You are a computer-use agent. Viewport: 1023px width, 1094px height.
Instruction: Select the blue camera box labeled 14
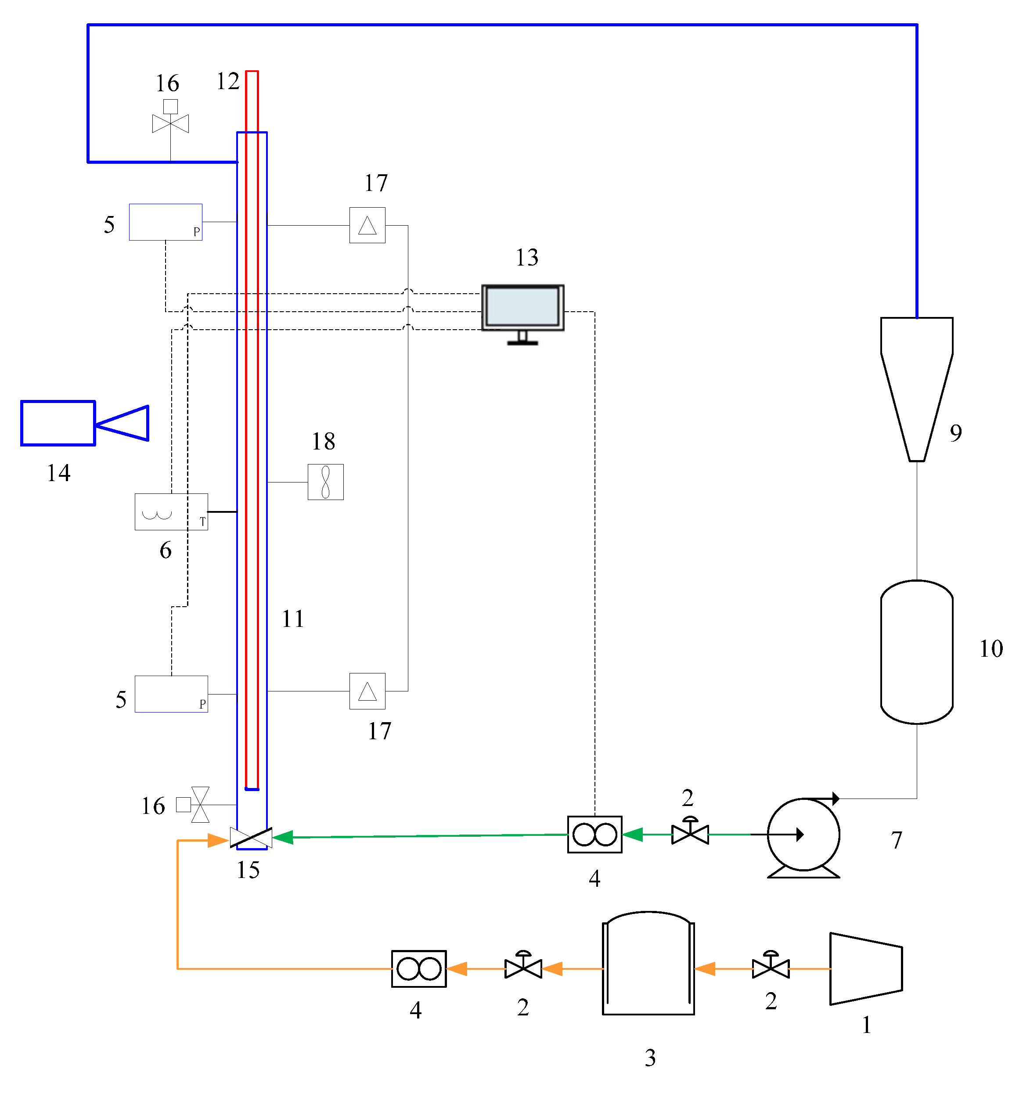58,423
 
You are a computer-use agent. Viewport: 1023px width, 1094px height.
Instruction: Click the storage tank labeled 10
916,651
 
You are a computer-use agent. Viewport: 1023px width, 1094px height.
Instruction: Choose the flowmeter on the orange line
418,968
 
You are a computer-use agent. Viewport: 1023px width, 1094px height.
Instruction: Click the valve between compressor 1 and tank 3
771,967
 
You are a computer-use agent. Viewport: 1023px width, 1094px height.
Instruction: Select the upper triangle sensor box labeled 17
367,225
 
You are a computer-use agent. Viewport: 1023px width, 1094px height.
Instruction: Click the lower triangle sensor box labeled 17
367,691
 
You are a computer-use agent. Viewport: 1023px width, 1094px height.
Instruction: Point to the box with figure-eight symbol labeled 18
325,482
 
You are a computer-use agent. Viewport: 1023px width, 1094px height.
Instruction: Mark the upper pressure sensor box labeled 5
165,222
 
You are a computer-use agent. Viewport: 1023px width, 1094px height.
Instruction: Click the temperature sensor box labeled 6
171,512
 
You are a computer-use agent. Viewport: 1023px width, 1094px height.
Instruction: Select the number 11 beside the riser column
293,619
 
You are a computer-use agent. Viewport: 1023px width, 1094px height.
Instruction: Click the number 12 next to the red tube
228,82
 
